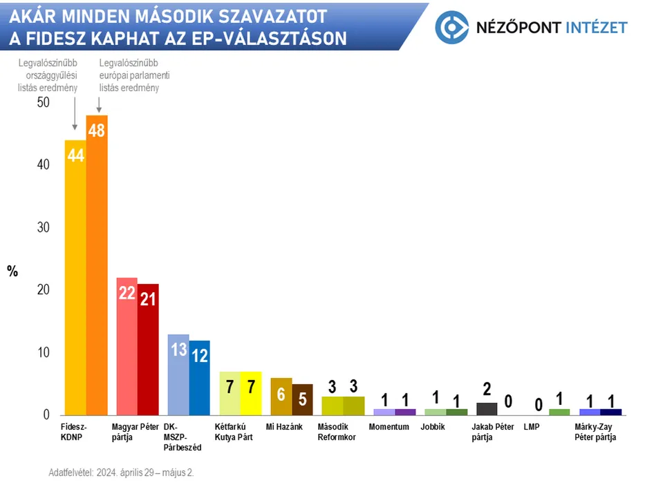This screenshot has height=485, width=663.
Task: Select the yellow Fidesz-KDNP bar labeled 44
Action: tap(75, 277)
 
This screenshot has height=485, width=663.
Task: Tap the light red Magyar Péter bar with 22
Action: tap(127, 346)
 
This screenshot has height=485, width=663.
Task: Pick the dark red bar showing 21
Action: tap(148, 349)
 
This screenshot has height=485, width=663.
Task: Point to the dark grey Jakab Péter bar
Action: tap(487, 408)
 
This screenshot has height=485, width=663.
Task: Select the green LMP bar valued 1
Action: tap(559, 412)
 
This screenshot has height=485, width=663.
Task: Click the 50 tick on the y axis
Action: tap(44, 102)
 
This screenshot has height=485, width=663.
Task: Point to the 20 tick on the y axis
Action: tap(44, 290)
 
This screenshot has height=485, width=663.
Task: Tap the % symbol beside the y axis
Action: tap(12, 272)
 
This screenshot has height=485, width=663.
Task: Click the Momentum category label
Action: tap(389, 427)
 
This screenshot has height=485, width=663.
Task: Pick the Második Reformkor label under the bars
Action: tap(337, 432)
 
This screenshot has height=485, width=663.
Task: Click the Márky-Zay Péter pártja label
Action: tap(595, 432)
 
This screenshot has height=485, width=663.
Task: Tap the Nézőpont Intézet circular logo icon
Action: tap(453, 27)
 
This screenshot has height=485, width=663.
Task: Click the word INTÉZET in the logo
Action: tap(596, 28)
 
